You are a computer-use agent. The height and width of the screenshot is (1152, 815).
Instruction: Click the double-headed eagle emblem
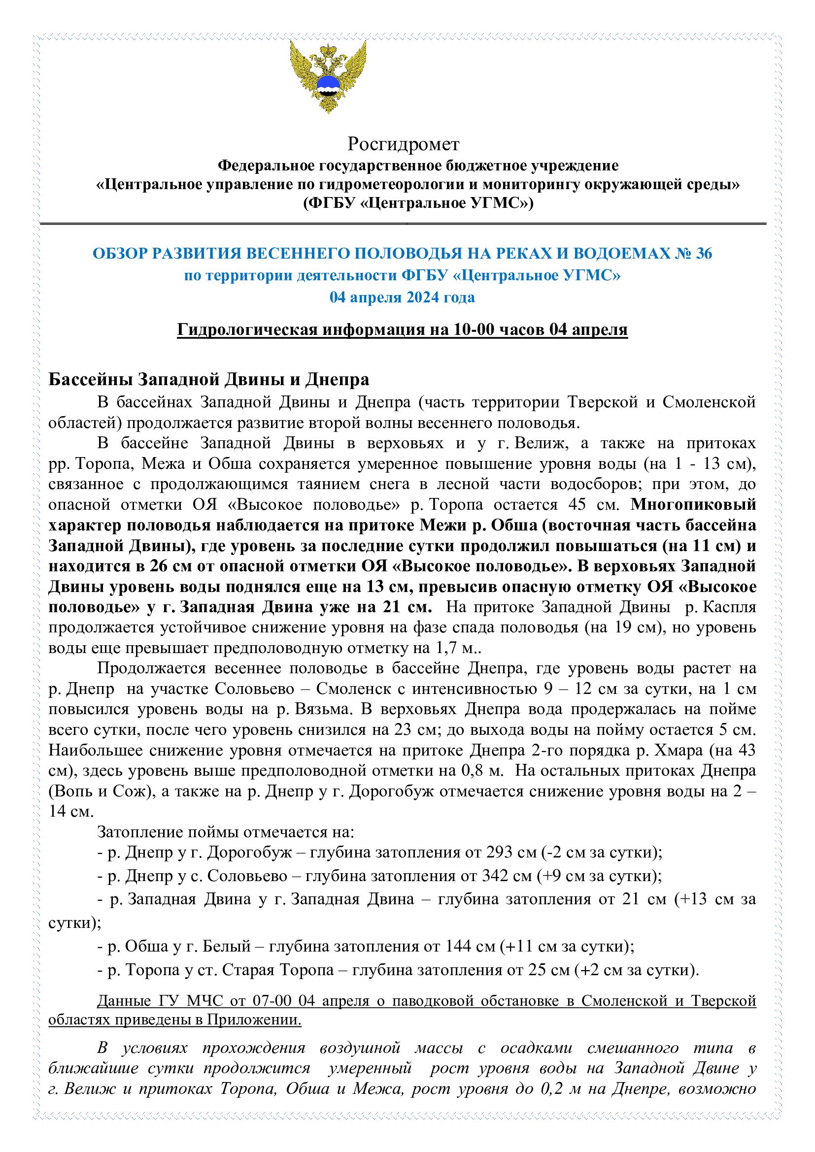click(x=328, y=76)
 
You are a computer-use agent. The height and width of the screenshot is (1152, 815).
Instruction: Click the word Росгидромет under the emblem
click(x=403, y=144)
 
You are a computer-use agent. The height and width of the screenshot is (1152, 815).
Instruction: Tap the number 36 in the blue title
click(x=704, y=253)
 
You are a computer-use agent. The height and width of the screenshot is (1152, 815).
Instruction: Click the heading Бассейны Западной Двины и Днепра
click(x=209, y=379)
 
